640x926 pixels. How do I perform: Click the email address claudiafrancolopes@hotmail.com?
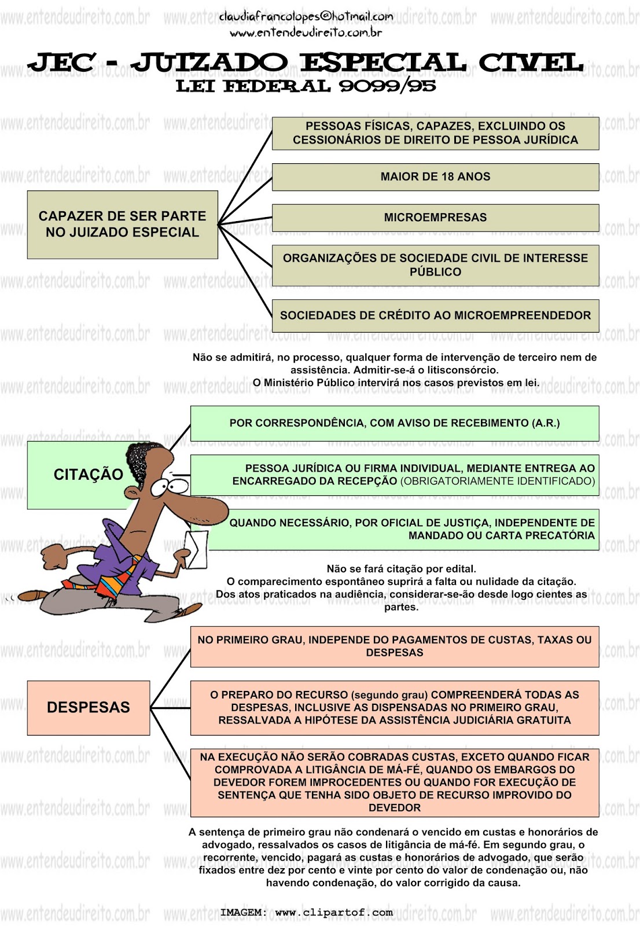click(306, 16)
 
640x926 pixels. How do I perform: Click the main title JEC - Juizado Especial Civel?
click(306, 63)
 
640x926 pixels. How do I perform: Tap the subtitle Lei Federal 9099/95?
click(306, 86)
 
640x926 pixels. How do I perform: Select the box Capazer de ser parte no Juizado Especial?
click(122, 225)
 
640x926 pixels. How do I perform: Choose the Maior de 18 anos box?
click(435, 177)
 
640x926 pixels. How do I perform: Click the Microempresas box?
click(435, 218)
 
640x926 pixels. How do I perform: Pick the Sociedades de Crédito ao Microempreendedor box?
click(435, 315)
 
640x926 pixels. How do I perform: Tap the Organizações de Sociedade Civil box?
click(435, 265)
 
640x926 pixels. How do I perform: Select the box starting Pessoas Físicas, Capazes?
click(435, 133)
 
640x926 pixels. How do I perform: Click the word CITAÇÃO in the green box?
click(88, 475)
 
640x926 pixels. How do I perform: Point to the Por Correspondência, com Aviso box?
click(395, 423)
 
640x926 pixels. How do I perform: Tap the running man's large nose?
click(208, 510)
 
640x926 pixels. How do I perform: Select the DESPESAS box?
click(88, 707)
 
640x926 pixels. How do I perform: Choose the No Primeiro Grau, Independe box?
click(395, 646)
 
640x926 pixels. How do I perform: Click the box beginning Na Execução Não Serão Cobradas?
click(395, 782)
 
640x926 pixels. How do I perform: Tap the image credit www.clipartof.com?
click(334, 913)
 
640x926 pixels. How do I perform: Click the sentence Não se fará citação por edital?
click(401, 569)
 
